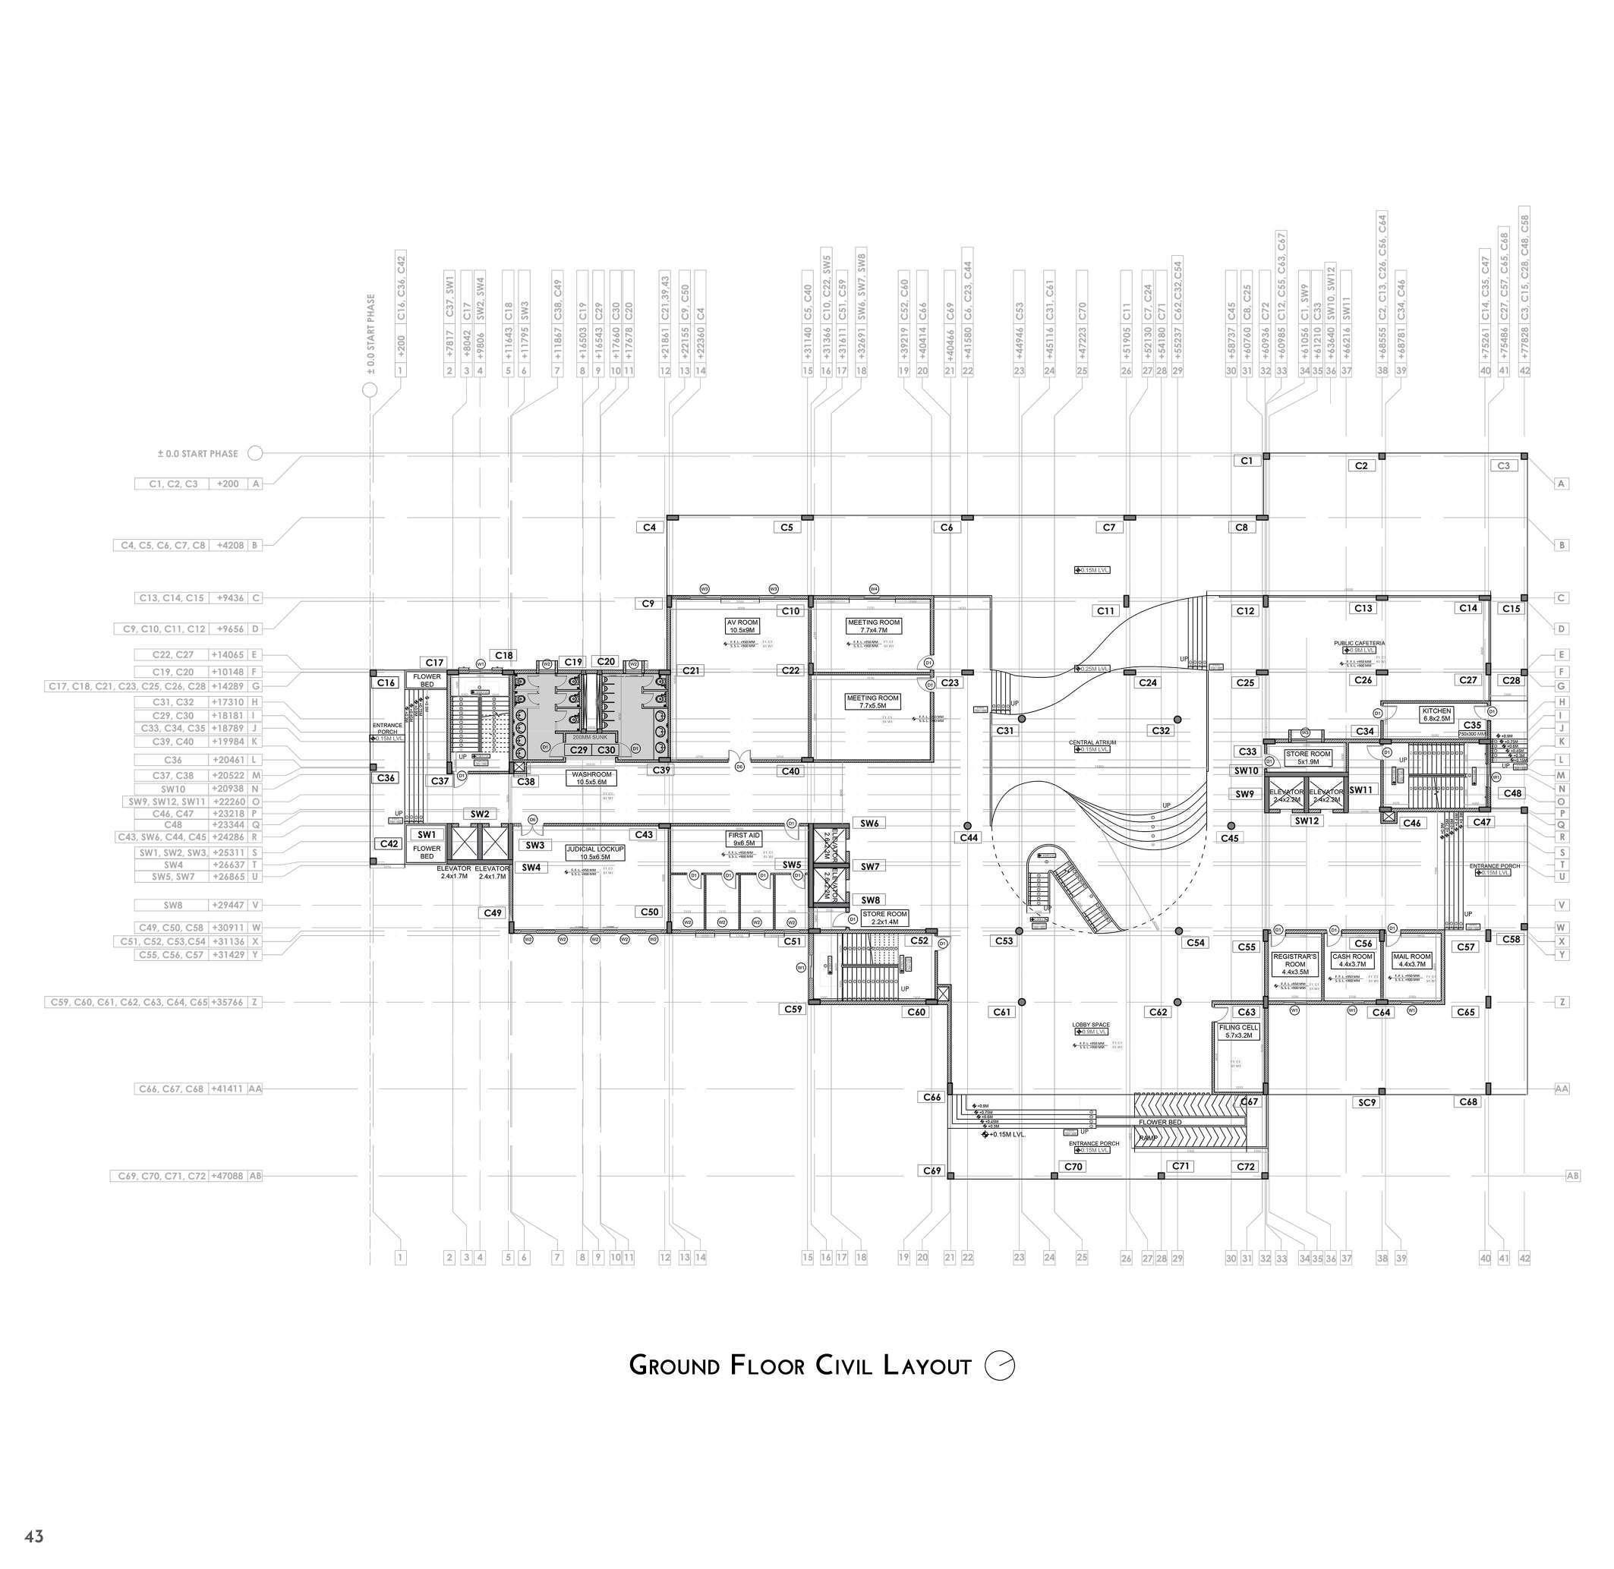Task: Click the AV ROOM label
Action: tap(742, 626)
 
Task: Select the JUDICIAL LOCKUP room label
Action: tap(595, 852)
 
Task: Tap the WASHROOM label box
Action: tap(591, 778)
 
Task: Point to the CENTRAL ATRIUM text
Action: tap(1092, 742)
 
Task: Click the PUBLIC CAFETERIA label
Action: tap(1359, 643)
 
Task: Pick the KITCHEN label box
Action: tap(1436, 714)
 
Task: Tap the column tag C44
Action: tap(969, 837)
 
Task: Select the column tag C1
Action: tap(1247, 461)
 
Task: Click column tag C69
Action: tap(932, 1170)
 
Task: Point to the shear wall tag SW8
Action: tap(870, 901)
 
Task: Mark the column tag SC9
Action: tap(1367, 1103)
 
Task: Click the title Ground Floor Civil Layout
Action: tap(799, 1366)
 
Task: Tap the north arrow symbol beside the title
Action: tap(1000, 1366)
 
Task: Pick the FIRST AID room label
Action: tap(743, 839)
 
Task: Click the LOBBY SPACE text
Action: tap(1092, 1025)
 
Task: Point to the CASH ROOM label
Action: tap(1353, 960)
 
